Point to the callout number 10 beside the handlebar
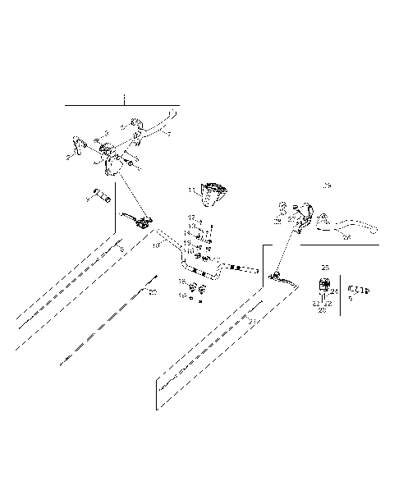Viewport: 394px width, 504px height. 155,245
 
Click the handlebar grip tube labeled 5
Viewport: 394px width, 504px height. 102,197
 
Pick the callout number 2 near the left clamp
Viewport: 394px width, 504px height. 67,153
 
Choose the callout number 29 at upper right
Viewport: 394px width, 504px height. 326,186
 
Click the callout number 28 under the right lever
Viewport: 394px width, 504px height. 346,237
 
